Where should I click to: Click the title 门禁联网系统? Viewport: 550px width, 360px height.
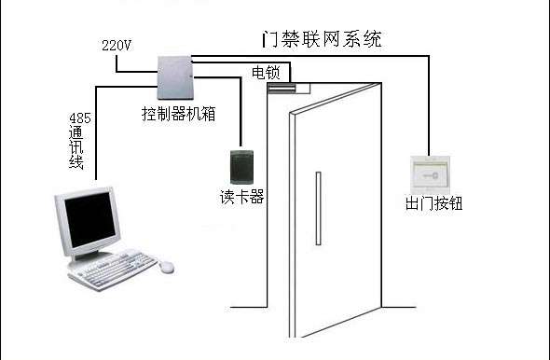point(321,41)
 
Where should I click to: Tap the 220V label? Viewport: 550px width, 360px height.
point(115,44)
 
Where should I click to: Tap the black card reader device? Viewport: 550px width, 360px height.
point(241,168)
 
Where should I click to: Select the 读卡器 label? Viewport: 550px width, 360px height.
point(241,197)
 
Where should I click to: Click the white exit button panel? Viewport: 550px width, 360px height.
point(430,173)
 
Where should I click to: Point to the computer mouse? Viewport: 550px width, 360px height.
point(167,266)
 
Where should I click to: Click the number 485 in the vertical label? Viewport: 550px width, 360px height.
point(78,119)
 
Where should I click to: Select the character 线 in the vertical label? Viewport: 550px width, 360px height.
point(77,164)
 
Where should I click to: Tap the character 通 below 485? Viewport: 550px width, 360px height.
point(77,134)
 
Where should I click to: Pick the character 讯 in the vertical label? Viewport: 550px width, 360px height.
point(77,149)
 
